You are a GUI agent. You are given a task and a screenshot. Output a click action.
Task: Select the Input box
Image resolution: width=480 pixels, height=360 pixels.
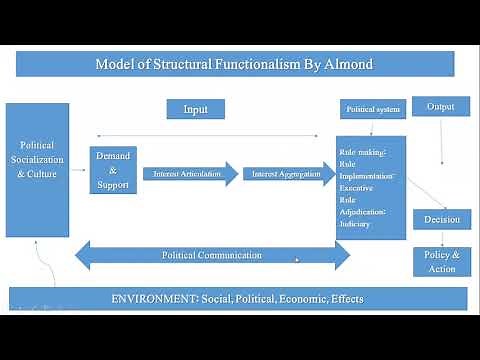tap(195, 108)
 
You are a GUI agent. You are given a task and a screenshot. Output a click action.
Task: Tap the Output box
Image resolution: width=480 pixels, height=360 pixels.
tap(441, 106)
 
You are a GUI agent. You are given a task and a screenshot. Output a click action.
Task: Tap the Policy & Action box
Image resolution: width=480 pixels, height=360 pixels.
tap(441, 261)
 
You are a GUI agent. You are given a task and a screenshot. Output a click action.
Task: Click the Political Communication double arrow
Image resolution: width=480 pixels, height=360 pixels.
tap(212, 255)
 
